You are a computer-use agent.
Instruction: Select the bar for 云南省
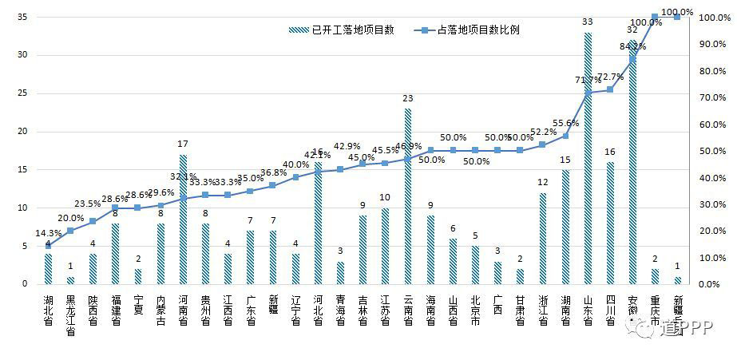click(408, 196)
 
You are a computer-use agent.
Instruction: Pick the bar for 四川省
click(611, 223)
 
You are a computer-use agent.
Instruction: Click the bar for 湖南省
click(565, 227)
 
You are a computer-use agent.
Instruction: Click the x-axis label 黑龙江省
click(70, 315)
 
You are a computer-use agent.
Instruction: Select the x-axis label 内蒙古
click(160, 311)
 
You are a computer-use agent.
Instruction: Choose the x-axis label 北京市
click(475, 311)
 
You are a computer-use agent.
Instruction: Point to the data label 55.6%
click(566, 123)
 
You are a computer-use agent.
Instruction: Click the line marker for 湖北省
click(48, 246)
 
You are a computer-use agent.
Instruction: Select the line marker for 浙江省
click(543, 144)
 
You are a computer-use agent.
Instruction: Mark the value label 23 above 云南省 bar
click(408, 98)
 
